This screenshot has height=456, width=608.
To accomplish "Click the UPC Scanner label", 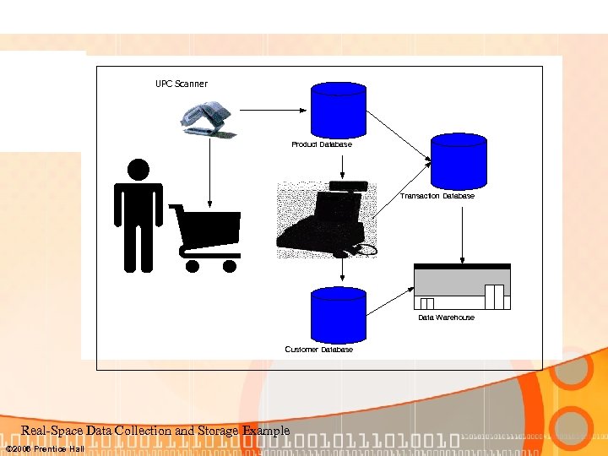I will (181, 84).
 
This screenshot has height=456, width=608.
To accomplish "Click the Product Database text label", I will (322, 144).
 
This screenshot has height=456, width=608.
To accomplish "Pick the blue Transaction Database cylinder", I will (459, 160).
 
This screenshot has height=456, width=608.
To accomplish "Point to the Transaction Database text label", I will (437, 196).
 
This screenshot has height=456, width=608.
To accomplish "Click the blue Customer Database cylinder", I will (339, 313).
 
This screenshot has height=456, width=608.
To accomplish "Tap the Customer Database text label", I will (318, 349).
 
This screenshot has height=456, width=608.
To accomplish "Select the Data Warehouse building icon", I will (462, 287).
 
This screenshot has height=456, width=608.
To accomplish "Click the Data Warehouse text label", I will (446, 318).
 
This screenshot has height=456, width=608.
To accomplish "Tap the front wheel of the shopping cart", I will (193, 266).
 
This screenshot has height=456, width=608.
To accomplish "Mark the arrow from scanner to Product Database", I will (274, 109).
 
